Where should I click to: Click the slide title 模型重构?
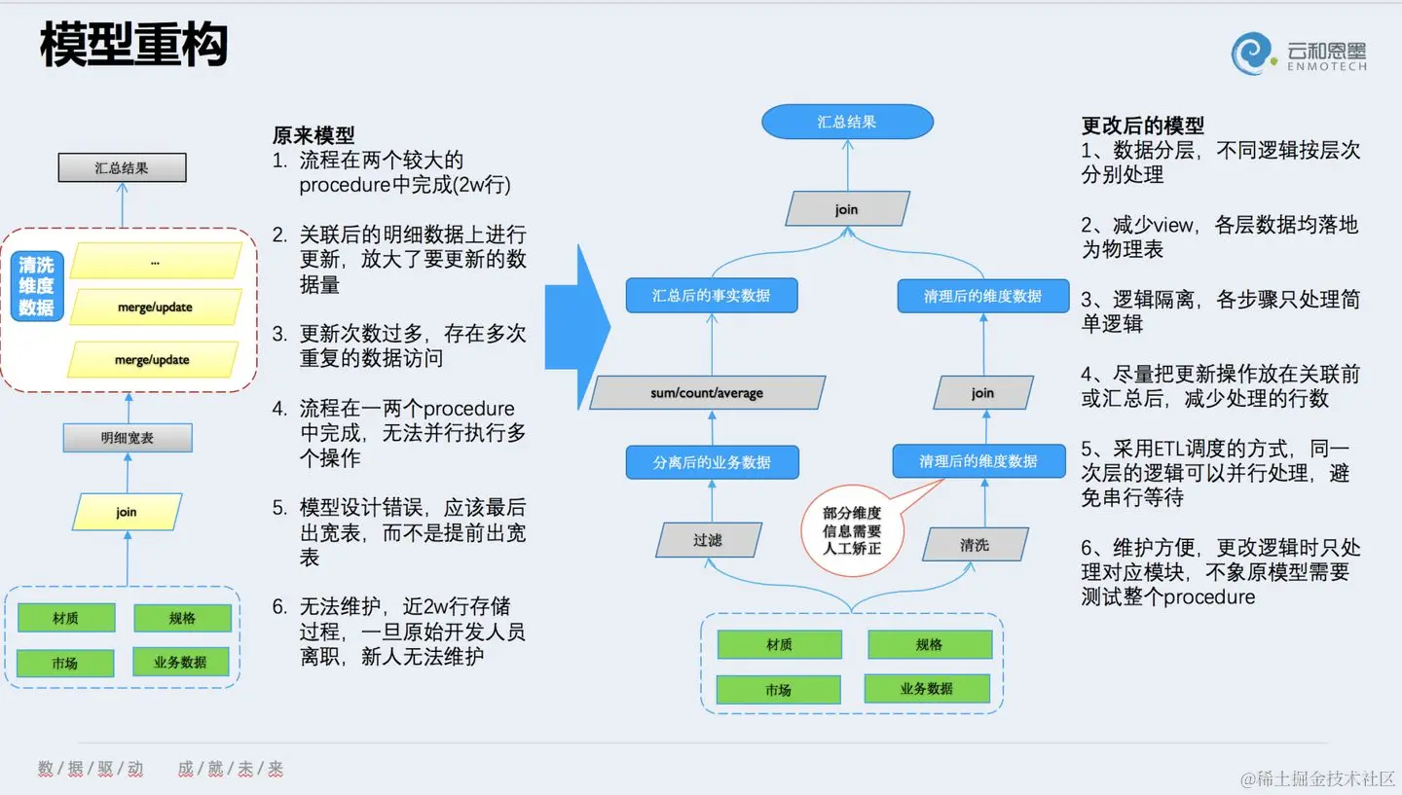133,46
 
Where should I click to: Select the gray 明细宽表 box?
127,438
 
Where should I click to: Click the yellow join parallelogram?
127,512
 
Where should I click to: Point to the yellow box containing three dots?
155,261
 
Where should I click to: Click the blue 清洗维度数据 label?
36,286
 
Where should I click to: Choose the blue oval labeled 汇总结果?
846,122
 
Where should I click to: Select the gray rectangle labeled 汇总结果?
122,167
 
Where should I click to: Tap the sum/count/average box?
707,393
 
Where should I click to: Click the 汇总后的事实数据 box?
711,296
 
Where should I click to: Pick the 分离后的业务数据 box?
712,462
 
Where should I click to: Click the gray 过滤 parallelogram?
708,540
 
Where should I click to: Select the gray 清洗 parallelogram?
975,545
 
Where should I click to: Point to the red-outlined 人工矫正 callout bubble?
851,530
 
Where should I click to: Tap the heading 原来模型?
314,135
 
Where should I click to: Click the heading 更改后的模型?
1142,125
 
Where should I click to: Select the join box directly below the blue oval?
846,209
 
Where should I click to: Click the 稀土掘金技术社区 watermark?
1318,778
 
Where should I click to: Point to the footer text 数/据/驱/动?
91,769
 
